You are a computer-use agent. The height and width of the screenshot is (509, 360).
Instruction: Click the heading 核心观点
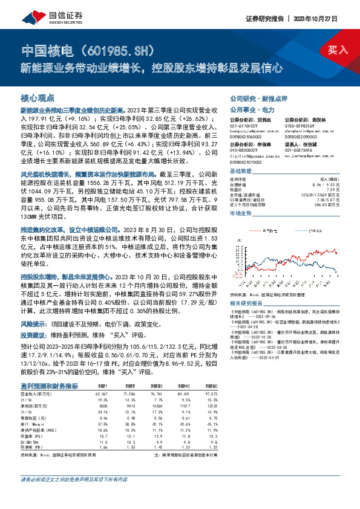(38, 98)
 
